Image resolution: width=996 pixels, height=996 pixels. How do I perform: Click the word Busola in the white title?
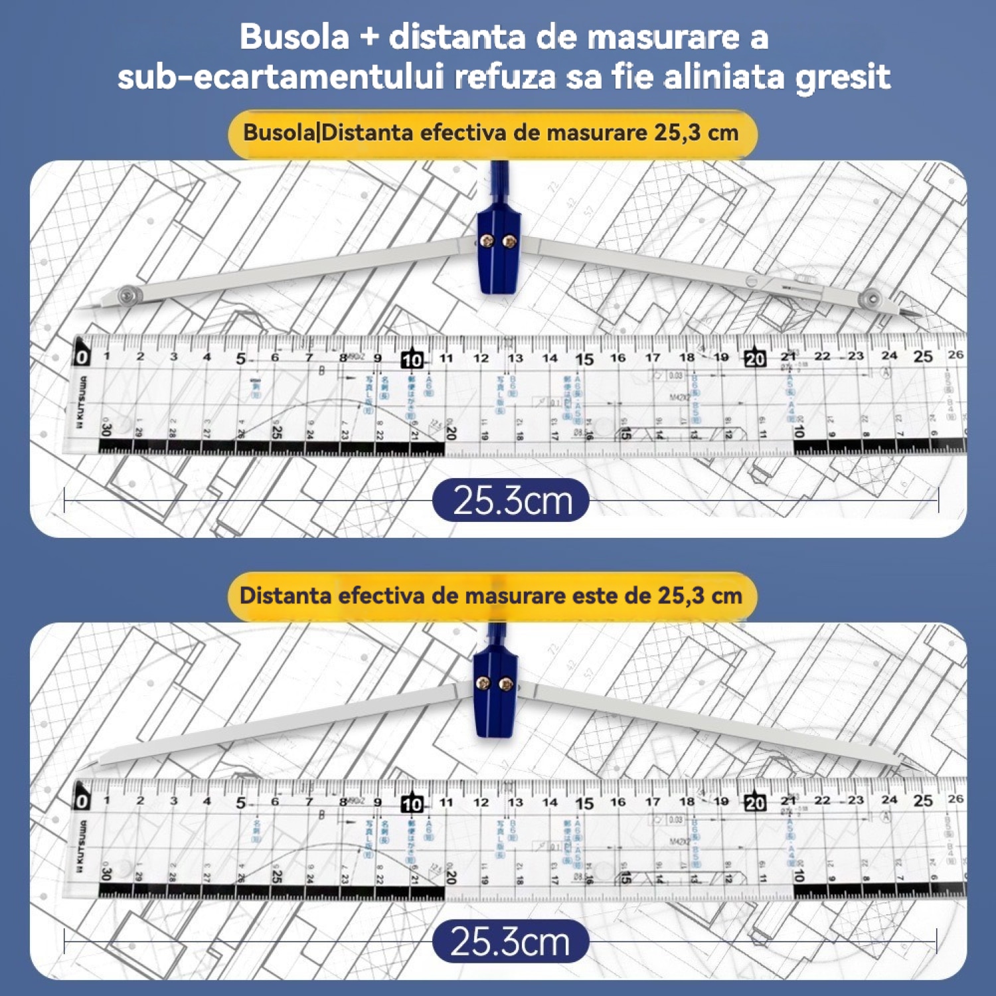click(294, 37)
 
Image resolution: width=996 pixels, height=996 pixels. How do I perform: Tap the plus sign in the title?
click(369, 38)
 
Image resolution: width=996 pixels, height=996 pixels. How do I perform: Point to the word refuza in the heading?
click(505, 77)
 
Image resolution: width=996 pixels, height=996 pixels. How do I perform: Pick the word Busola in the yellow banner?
click(279, 133)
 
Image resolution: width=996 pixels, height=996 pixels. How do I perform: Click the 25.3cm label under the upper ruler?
click(511, 501)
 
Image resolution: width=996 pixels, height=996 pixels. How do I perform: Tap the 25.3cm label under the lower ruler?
click(510, 942)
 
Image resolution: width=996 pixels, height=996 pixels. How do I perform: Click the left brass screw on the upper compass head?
click(488, 242)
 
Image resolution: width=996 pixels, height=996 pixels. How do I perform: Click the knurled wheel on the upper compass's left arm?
click(126, 294)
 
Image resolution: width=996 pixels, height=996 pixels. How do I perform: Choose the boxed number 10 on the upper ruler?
click(412, 360)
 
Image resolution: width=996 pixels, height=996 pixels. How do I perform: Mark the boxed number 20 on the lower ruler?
click(755, 803)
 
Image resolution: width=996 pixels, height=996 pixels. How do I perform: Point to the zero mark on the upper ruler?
click(82, 357)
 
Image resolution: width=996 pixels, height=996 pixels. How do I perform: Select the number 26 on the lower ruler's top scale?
click(955, 798)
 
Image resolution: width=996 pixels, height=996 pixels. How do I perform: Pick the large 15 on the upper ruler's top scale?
click(584, 359)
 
